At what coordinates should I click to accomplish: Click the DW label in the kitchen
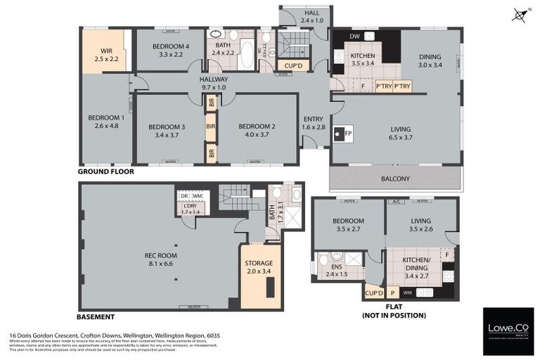click(355, 36)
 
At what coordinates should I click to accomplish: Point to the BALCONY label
click(395, 179)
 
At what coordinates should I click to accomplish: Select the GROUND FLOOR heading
click(106, 171)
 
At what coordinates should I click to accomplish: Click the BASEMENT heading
click(96, 317)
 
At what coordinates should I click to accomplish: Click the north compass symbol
click(520, 14)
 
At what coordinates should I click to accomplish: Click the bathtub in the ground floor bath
click(247, 55)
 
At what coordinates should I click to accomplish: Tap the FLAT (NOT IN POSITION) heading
click(394, 311)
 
